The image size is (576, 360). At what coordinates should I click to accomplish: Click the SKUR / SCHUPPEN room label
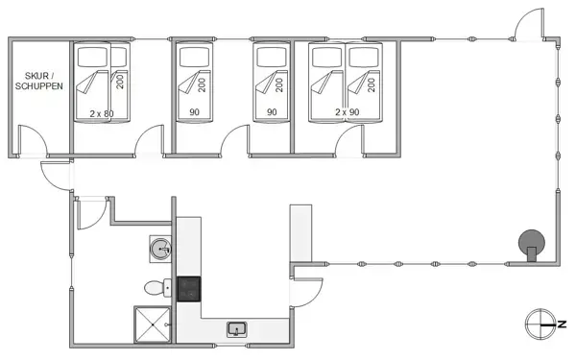pyautogui.click(x=38, y=80)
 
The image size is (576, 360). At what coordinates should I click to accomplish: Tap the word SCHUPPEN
pyautogui.click(x=38, y=85)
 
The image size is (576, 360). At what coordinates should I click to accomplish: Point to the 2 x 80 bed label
pyautogui.click(x=101, y=114)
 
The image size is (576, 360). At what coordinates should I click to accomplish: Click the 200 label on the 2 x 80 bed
pyautogui.click(x=120, y=81)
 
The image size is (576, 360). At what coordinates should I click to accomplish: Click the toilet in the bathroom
pyautogui.click(x=154, y=286)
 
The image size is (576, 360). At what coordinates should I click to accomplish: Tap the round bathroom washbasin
pyautogui.click(x=161, y=250)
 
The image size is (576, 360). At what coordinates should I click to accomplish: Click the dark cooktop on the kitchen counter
pyautogui.click(x=188, y=288)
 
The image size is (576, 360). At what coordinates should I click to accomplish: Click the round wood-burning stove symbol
pyautogui.click(x=529, y=241)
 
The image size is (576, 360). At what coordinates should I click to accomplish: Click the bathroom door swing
pyautogui.click(x=88, y=211)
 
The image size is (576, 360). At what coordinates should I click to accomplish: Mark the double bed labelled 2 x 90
pyautogui.click(x=345, y=83)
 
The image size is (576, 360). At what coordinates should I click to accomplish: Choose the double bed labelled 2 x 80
pyautogui.click(x=101, y=83)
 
